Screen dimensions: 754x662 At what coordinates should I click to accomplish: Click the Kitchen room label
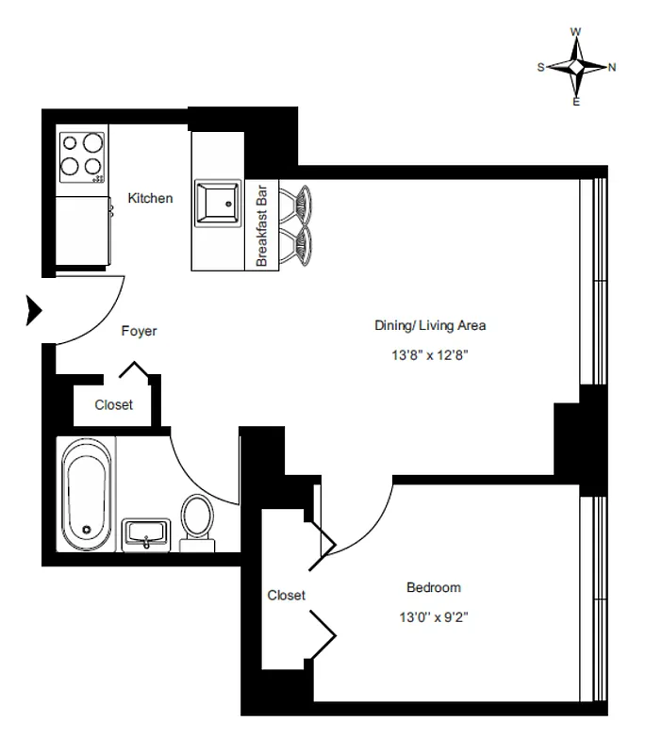(x=151, y=198)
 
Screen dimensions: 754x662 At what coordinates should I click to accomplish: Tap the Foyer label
(x=139, y=332)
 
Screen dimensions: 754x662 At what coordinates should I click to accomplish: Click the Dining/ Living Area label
(x=430, y=326)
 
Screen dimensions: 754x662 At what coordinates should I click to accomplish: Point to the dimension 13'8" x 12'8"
(x=430, y=356)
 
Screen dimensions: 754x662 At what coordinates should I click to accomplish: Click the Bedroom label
(x=433, y=587)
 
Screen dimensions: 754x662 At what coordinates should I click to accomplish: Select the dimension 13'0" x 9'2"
(x=433, y=617)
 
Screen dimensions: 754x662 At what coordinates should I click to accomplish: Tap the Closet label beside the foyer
(x=113, y=405)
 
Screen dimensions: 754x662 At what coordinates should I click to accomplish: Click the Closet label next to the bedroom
(x=286, y=596)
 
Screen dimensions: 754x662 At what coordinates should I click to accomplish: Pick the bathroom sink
(x=146, y=533)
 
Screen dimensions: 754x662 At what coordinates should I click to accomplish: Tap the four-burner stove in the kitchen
(x=82, y=156)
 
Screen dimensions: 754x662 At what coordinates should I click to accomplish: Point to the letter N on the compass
(x=612, y=67)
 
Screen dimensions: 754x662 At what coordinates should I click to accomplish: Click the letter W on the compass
(x=576, y=32)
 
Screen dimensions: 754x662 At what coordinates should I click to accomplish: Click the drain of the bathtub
(x=87, y=530)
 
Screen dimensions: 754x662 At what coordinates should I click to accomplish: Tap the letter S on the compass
(x=540, y=67)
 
